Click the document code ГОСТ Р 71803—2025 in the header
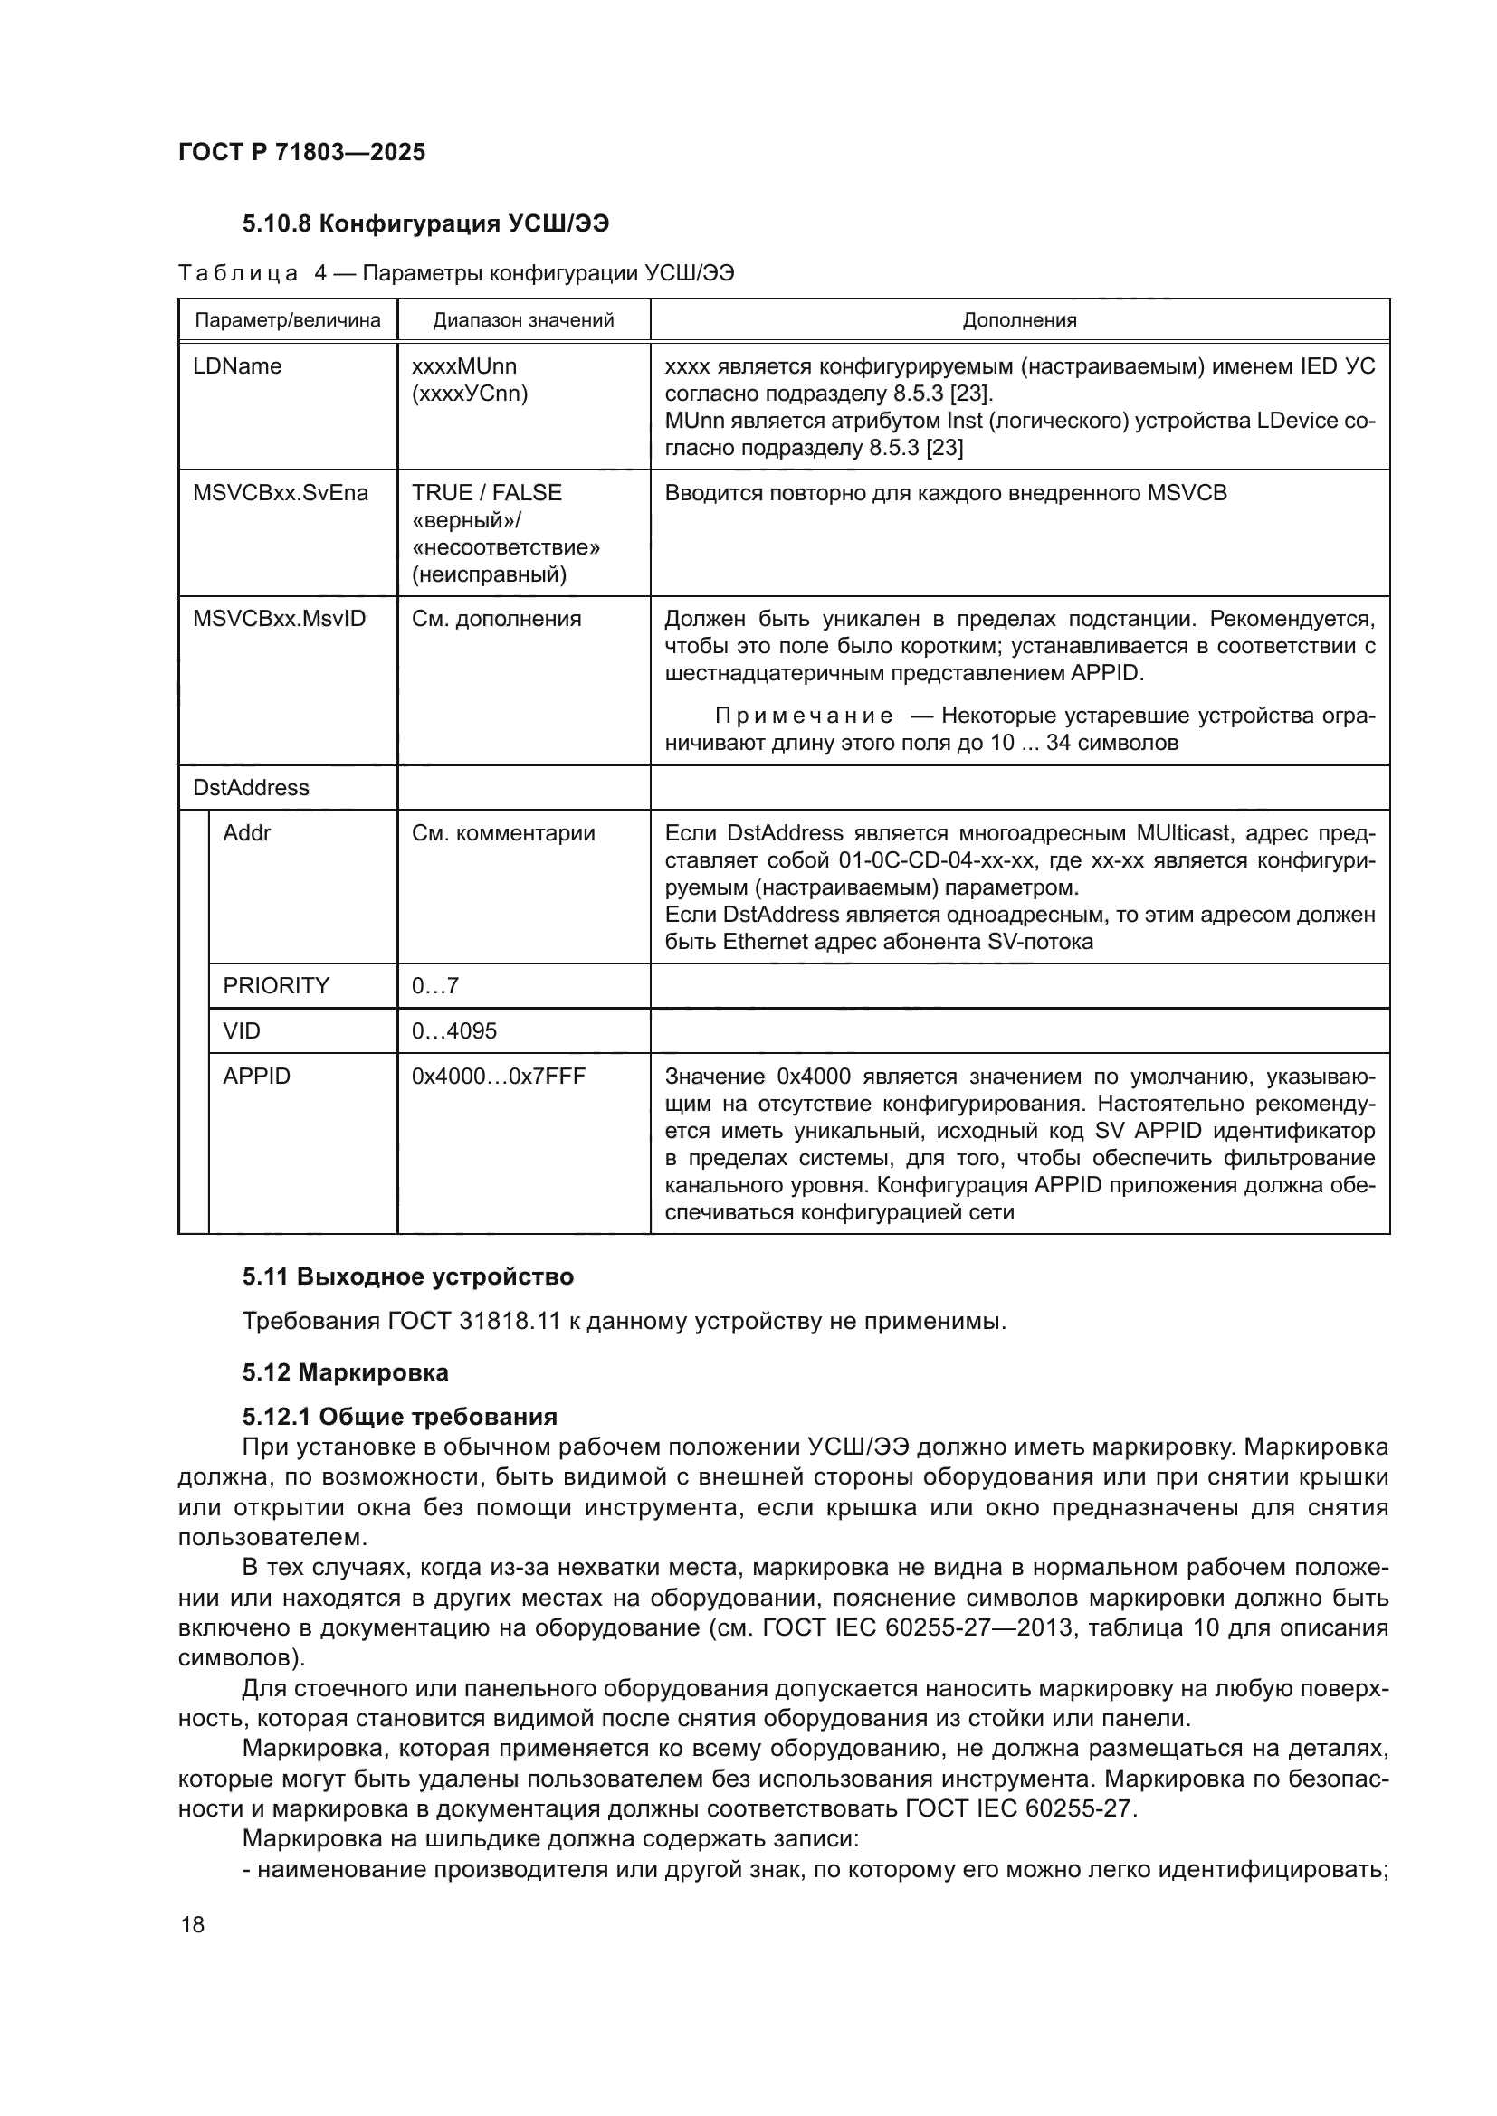(x=301, y=152)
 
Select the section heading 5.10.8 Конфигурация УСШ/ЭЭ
(x=425, y=224)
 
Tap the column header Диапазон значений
(x=522, y=321)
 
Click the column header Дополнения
(x=1018, y=321)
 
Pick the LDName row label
(x=237, y=366)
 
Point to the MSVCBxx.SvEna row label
(x=281, y=493)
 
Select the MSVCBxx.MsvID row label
(x=279, y=619)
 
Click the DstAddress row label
(x=251, y=788)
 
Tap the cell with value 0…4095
(x=453, y=1030)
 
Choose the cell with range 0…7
(x=435, y=986)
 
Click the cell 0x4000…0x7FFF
(x=498, y=1077)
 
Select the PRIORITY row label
(x=276, y=986)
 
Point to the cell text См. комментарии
(x=502, y=833)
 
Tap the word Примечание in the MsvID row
(x=804, y=716)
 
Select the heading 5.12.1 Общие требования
(x=399, y=1417)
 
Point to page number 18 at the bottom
(x=193, y=1924)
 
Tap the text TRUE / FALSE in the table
(x=486, y=493)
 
